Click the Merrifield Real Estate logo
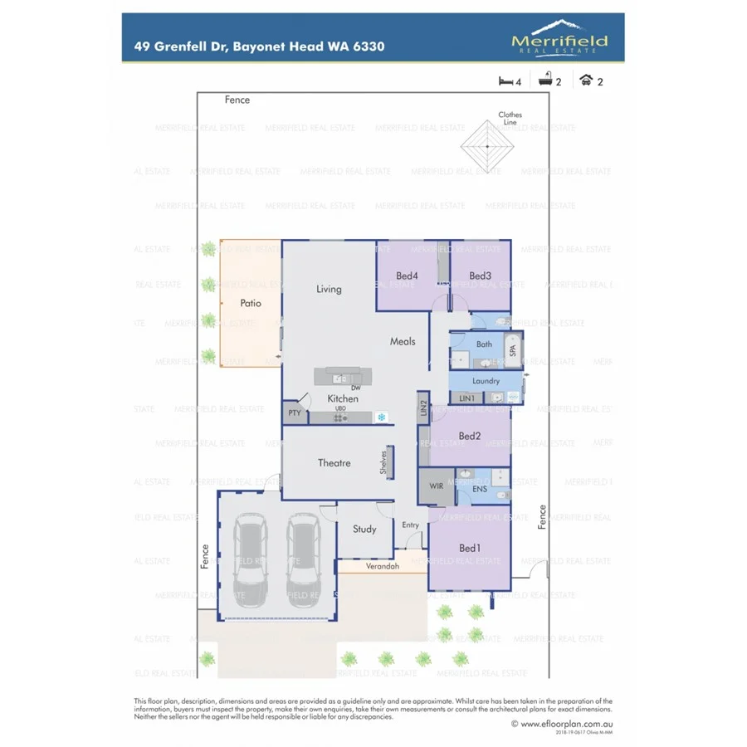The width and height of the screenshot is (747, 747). click(x=559, y=37)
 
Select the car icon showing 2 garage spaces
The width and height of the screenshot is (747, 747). click(x=586, y=81)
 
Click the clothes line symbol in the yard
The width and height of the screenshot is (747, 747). click(x=487, y=145)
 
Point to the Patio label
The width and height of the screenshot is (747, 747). click(x=251, y=303)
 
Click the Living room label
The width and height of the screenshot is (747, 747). click(x=329, y=289)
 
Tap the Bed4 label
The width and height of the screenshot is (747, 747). click(x=407, y=276)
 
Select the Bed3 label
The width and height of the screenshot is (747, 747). click(x=480, y=276)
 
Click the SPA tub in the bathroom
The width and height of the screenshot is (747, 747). click(x=512, y=349)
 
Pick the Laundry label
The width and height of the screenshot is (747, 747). click(x=486, y=381)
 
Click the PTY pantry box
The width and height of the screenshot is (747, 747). click(x=294, y=413)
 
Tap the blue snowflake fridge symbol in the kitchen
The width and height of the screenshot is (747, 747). click(x=382, y=417)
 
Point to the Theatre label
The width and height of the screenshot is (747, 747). click(x=334, y=463)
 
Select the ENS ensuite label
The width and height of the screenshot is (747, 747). click(x=480, y=490)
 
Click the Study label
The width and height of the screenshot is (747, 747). click(x=364, y=529)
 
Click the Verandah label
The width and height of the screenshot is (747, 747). click(x=383, y=567)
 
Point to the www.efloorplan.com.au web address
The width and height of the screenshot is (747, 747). click(x=566, y=724)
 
